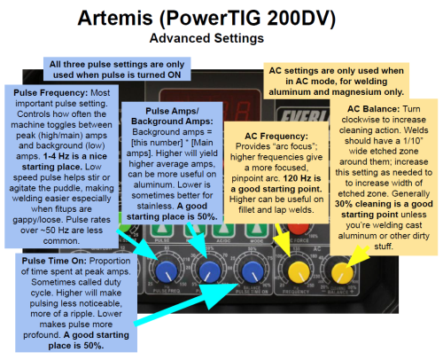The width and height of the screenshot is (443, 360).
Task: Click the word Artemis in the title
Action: (x=129, y=19)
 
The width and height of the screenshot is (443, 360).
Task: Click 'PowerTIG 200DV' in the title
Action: (x=273, y=19)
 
